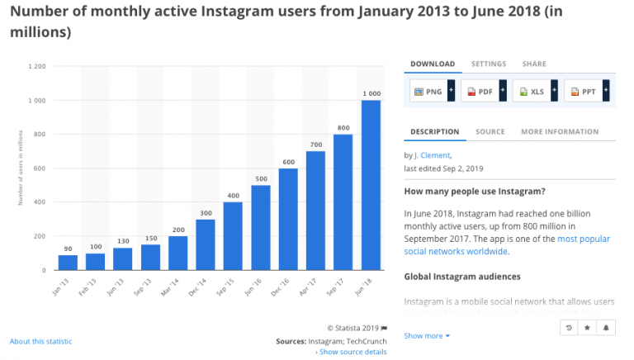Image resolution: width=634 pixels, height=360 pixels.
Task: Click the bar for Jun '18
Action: click(371, 185)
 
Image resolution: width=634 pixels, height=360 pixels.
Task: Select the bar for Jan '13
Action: click(69, 262)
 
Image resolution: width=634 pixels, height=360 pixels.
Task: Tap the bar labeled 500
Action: click(261, 227)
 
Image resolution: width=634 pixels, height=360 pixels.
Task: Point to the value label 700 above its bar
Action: click(315, 144)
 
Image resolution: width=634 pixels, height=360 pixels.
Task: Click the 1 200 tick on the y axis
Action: click(37, 66)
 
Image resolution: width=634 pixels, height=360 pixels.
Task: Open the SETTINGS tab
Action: click(489, 64)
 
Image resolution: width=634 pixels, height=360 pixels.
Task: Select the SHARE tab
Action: click(533, 64)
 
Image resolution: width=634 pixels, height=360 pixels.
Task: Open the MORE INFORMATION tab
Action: click(560, 132)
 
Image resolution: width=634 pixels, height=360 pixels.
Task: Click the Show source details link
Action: click(351, 352)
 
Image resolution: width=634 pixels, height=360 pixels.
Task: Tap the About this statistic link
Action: click(40, 341)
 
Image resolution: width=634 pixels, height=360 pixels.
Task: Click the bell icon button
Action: click(607, 328)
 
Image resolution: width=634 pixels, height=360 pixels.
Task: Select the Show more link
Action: click(427, 336)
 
